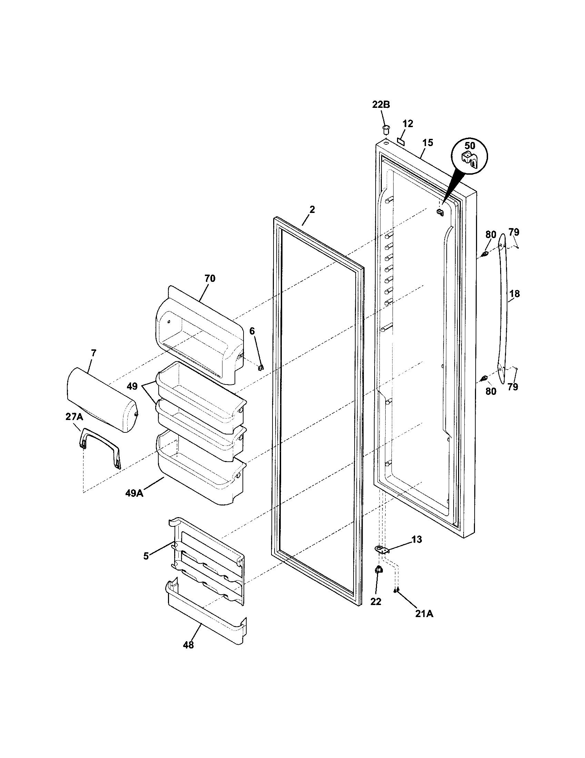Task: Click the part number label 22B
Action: tap(381, 104)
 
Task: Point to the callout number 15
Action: tap(428, 143)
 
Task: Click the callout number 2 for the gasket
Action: tap(312, 209)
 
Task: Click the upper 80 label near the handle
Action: tap(490, 234)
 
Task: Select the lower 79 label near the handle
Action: tap(513, 387)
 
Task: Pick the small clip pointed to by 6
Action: tap(261, 367)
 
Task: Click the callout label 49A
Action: tap(135, 493)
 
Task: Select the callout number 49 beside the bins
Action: tap(132, 386)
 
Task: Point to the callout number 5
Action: tap(146, 556)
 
